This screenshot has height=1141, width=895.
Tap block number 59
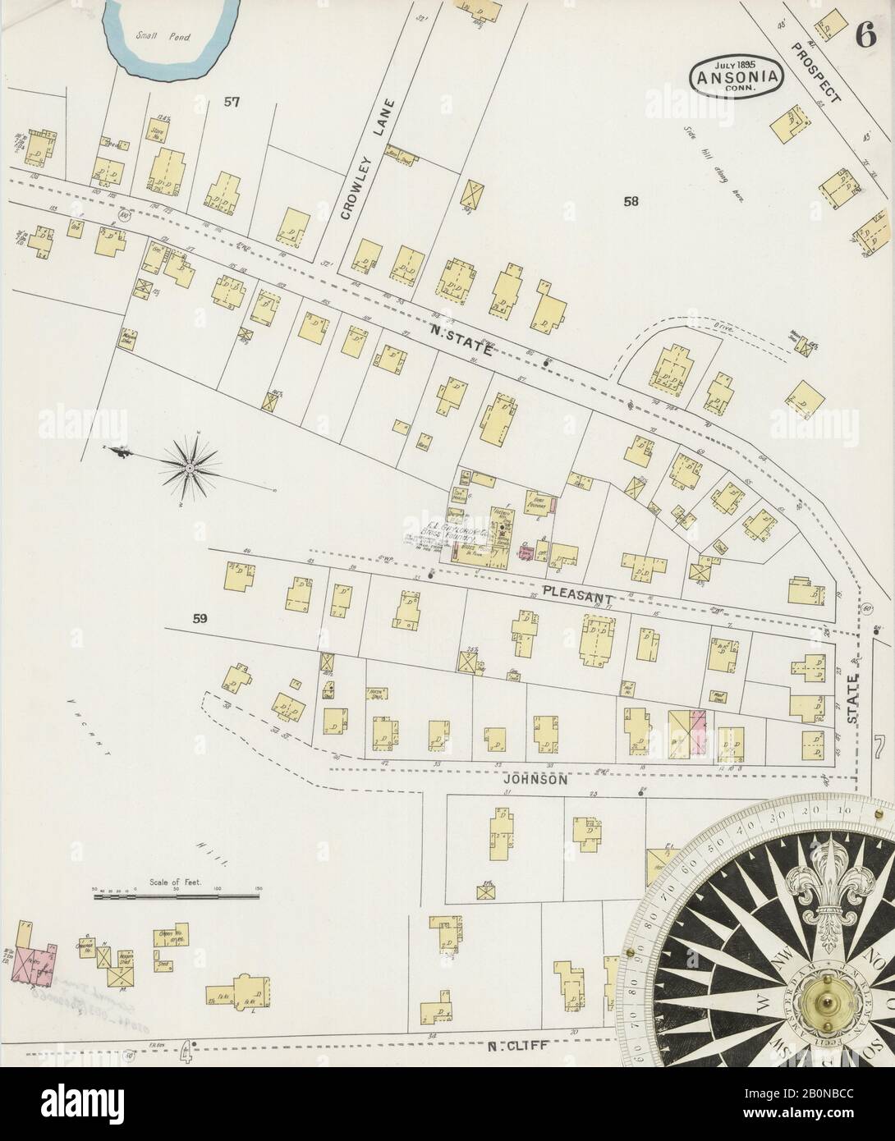[x=200, y=620]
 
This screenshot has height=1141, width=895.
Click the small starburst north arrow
[x=190, y=468]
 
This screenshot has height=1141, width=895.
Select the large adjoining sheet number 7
[x=879, y=748]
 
